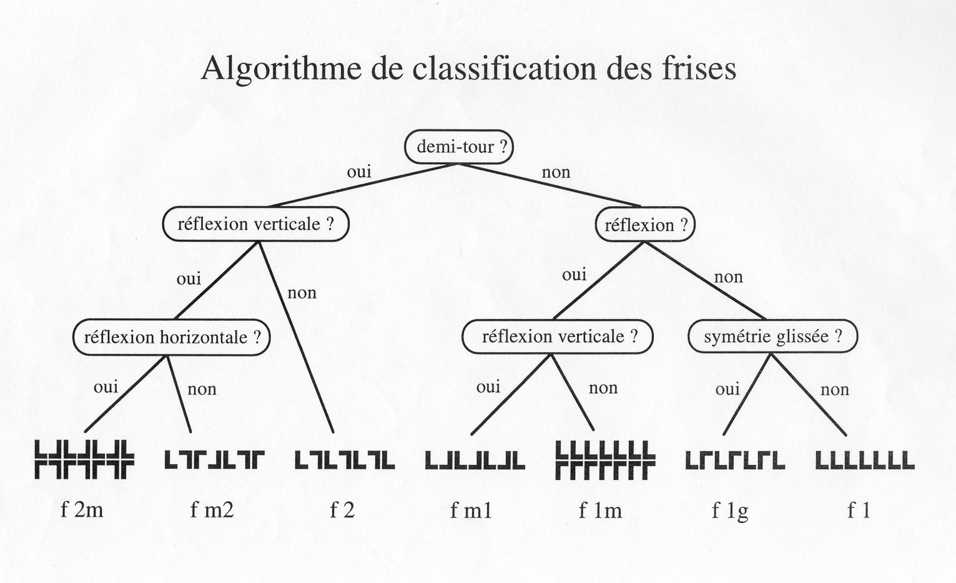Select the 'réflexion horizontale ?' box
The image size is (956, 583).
point(172,338)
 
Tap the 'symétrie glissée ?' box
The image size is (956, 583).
point(772,337)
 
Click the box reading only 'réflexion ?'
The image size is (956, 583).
point(645,225)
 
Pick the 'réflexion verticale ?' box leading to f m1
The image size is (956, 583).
point(558,337)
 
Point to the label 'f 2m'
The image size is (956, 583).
point(82,510)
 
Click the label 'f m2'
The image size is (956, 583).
point(212,510)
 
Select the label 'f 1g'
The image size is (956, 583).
point(730,511)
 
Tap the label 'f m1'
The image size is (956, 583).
point(471,511)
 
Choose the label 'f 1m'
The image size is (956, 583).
point(600,511)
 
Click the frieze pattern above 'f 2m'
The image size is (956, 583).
point(84,460)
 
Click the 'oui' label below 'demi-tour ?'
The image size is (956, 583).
point(359,171)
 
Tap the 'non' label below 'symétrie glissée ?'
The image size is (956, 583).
point(835,390)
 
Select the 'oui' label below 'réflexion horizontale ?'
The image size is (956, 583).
point(106,387)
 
